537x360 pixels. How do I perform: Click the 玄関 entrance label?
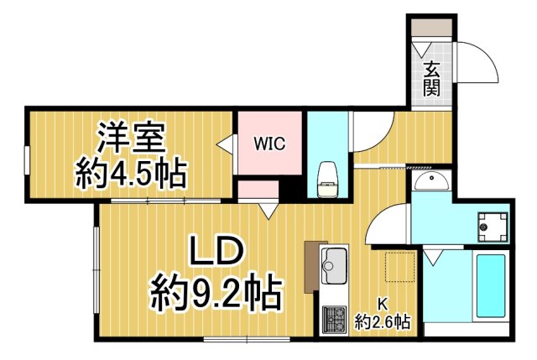pos(431,79)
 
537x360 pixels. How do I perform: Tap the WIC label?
pos(270,143)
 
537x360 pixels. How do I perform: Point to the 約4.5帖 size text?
pos(131,174)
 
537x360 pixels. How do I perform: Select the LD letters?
pos(215,252)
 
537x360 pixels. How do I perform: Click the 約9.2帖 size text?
pos(215,294)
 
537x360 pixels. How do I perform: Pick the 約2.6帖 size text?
pos(382,321)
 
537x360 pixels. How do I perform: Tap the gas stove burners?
pos(334,320)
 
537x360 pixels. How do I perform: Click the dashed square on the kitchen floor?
pos(401,268)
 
